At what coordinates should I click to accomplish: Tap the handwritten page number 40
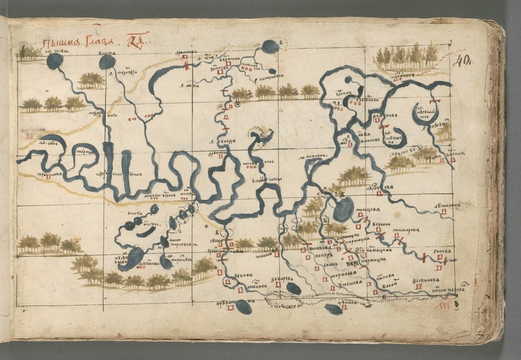point(463,61)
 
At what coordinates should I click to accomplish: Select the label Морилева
point(343,275)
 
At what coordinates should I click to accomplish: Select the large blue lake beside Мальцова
point(343,209)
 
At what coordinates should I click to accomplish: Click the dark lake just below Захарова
point(294,288)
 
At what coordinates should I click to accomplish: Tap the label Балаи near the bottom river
point(389,284)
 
